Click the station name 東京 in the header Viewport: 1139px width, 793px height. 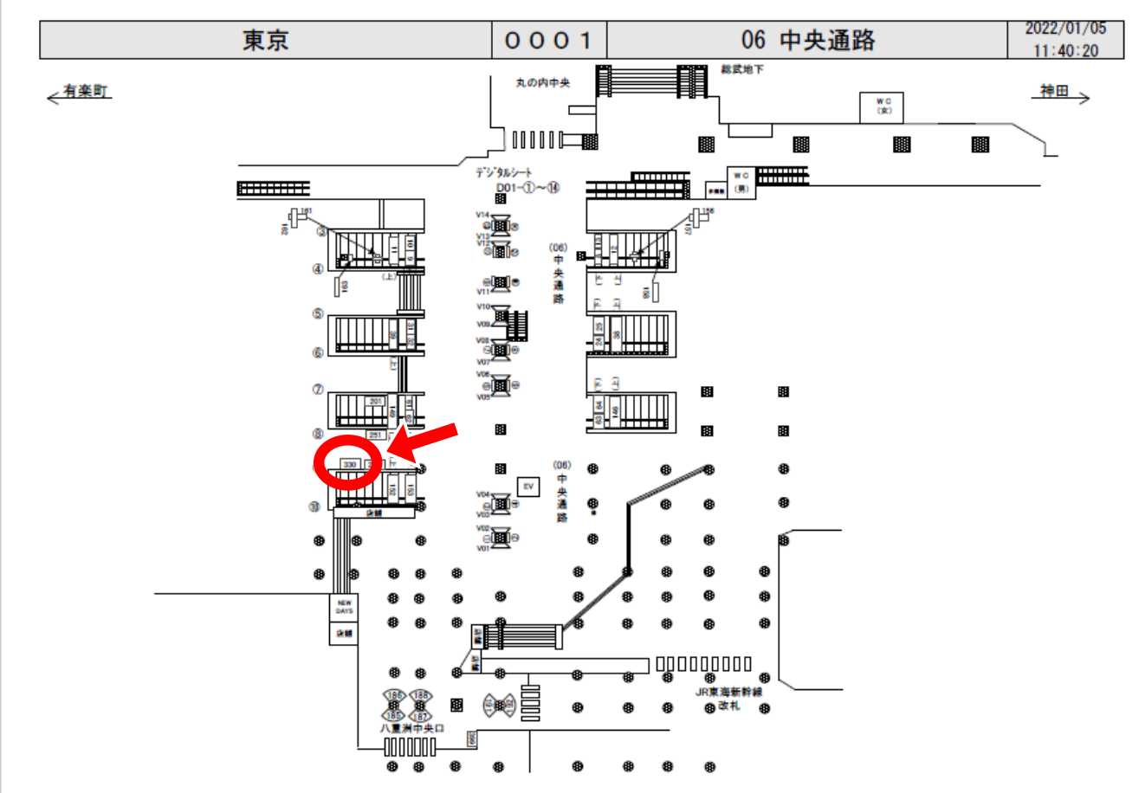pyautogui.click(x=265, y=40)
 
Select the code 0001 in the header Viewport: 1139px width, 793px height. pyautogui.click(x=548, y=40)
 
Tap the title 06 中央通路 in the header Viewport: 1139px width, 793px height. pyautogui.click(x=808, y=40)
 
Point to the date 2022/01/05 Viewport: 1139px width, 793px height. pyautogui.click(x=1065, y=28)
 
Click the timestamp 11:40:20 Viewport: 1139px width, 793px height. pyautogui.click(x=1065, y=50)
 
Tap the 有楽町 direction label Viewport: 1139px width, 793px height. pyautogui.click(x=85, y=91)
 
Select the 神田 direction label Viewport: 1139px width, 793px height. pyautogui.click(x=1054, y=91)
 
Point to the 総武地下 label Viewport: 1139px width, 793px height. pyautogui.click(x=742, y=68)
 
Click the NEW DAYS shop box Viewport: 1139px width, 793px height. pyautogui.click(x=345, y=607)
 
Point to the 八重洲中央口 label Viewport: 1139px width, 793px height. pyautogui.click(x=411, y=728)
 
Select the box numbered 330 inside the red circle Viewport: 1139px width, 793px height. pyautogui.click(x=350, y=465)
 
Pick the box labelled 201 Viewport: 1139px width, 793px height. pyautogui.click(x=375, y=401)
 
